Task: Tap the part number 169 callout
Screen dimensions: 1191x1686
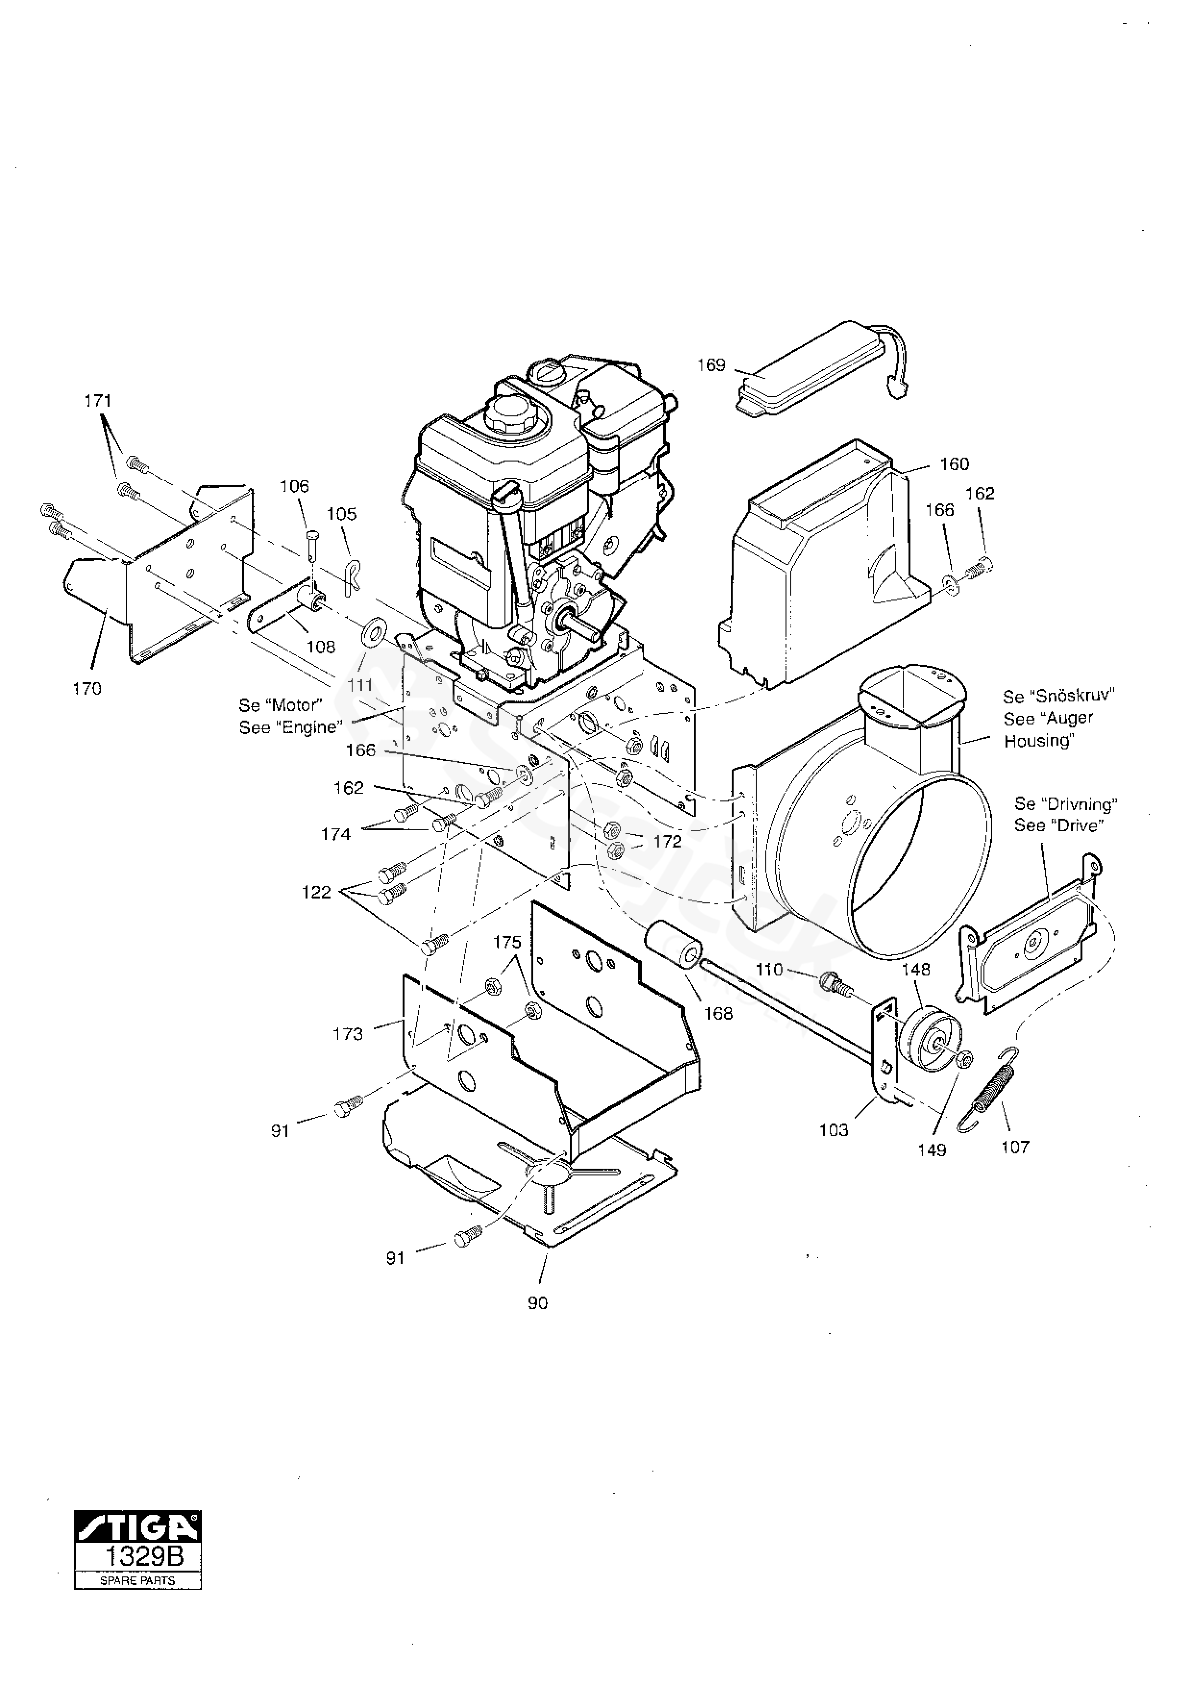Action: (711, 365)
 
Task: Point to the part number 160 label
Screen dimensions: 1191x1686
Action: (955, 463)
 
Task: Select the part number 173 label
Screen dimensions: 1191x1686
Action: (348, 1034)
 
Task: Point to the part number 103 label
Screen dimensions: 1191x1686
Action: (834, 1130)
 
